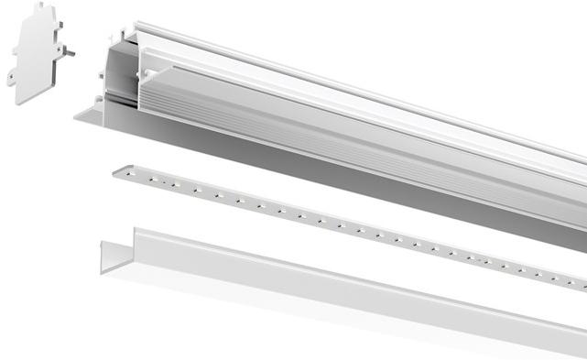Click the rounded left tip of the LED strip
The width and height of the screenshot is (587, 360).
(116, 170)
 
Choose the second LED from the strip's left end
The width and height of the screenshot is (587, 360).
(153, 178)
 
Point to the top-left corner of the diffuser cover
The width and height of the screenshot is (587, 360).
(136, 230)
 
